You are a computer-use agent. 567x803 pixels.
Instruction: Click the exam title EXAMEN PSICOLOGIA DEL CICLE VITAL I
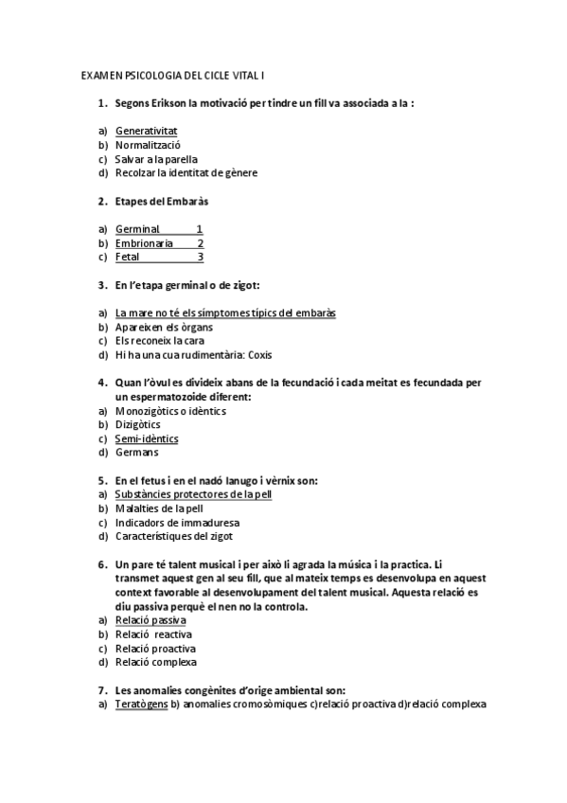coord(178,74)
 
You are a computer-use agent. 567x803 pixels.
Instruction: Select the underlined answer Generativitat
coord(147,131)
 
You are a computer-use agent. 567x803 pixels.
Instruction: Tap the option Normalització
coord(148,145)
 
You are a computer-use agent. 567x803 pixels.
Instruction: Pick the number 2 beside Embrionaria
coord(200,243)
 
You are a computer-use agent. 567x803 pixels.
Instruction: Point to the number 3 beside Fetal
coord(200,258)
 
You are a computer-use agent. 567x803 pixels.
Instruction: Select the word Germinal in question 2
coord(137,229)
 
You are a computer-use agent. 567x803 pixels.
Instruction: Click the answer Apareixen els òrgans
coord(157,327)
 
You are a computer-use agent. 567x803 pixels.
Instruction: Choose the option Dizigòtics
coord(138,425)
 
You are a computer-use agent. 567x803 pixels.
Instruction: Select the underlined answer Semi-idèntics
coord(147,439)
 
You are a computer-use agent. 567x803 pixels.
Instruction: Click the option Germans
coord(136,453)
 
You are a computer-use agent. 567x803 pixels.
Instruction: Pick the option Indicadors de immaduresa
coord(177,523)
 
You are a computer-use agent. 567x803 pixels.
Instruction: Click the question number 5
coord(102,481)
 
